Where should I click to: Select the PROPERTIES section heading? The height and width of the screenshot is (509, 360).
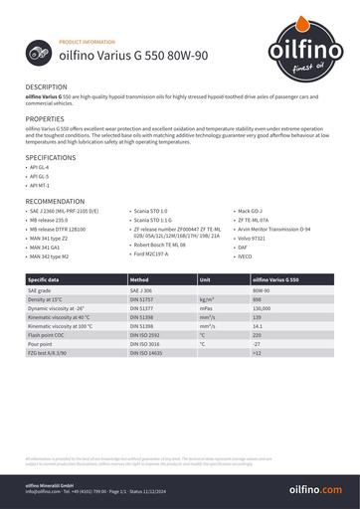[x=45, y=118]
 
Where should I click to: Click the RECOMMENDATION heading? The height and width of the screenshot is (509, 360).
[x=55, y=201]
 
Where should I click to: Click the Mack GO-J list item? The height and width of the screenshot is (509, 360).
[x=250, y=212]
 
